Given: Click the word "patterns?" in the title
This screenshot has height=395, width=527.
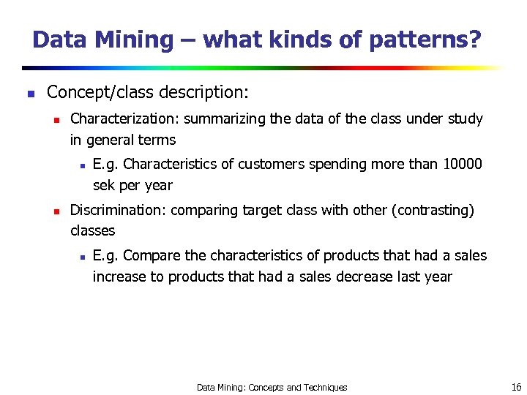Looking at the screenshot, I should coord(425,39).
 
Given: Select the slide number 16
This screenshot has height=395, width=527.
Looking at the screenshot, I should coord(516,387).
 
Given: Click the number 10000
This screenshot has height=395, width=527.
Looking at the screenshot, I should coord(463,164).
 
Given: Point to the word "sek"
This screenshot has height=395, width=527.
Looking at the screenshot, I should coord(106,185).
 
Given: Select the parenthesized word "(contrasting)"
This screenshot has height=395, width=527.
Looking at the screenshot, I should coord(433,211).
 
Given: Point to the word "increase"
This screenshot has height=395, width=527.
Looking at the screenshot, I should coord(120,277).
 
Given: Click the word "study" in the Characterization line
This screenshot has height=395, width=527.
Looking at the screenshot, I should coord(465,118).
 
